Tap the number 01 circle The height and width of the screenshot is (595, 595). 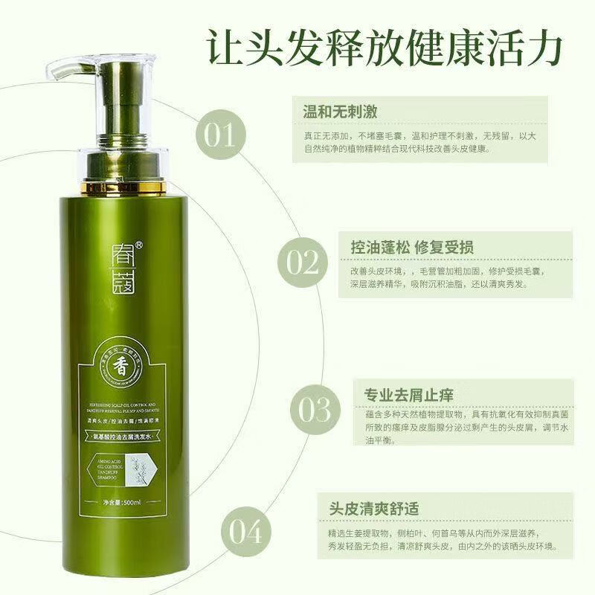click(219, 136)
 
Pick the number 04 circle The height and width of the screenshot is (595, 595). click(245, 533)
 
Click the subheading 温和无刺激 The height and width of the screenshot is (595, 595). click(339, 112)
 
